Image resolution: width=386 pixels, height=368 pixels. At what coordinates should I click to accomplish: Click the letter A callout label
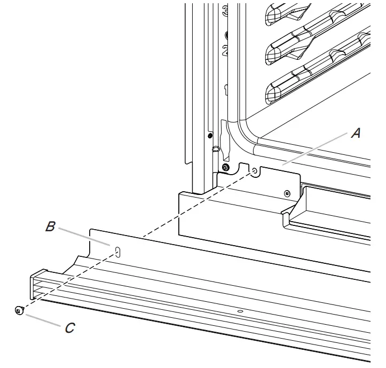click(x=356, y=134)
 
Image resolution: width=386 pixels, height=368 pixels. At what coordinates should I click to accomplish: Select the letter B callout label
click(x=50, y=227)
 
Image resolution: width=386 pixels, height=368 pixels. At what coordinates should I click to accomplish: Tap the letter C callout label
click(x=70, y=328)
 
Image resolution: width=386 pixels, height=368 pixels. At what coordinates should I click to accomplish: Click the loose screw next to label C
click(x=19, y=310)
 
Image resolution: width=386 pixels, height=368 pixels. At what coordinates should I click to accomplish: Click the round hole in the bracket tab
click(x=255, y=171)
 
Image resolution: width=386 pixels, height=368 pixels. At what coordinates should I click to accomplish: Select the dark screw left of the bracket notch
click(x=225, y=168)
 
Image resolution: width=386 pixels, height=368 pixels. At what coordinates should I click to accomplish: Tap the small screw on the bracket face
click(x=288, y=193)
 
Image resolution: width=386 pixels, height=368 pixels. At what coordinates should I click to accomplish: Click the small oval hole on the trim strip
click(x=240, y=311)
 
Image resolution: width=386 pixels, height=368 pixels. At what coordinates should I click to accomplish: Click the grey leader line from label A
click(x=315, y=150)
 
